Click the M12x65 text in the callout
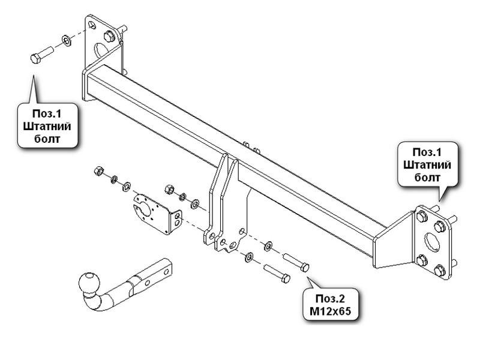(x=331, y=311)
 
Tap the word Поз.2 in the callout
(x=331, y=298)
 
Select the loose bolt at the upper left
(x=42, y=55)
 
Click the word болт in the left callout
(x=47, y=139)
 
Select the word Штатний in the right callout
(x=427, y=164)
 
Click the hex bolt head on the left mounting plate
(x=109, y=37)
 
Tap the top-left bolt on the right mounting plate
(x=422, y=217)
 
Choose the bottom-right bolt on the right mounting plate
(x=439, y=271)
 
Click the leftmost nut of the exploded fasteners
(x=99, y=170)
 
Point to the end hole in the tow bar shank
(x=167, y=272)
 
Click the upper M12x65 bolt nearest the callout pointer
(x=296, y=262)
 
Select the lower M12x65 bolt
(x=277, y=274)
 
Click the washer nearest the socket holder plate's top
(x=126, y=186)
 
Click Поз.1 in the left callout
(x=47, y=113)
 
